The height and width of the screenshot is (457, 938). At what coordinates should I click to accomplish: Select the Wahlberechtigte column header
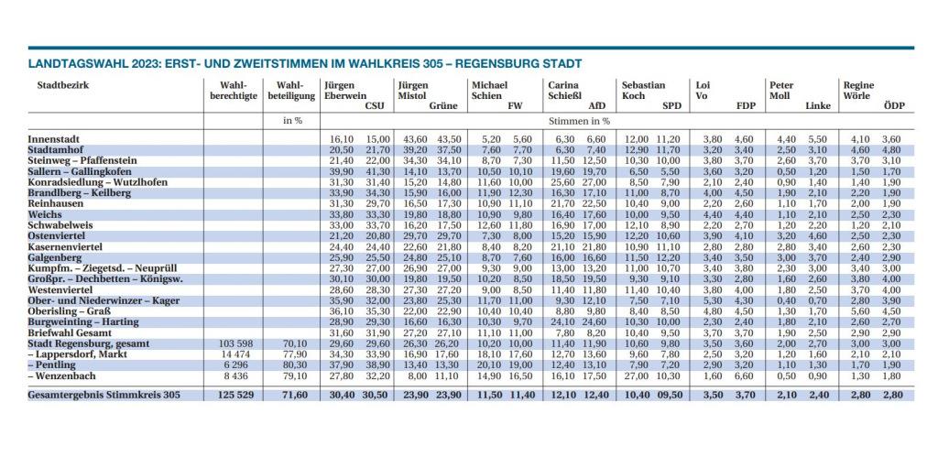pyautogui.click(x=234, y=91)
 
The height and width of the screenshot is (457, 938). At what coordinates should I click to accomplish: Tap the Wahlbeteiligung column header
pyautogui.click(x=291, y=91)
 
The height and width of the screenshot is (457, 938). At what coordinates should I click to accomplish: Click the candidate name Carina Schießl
pyautogui.click(x=562, y=91)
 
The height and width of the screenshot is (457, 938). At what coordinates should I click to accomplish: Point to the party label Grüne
pyautogui.click(x=443, y=106)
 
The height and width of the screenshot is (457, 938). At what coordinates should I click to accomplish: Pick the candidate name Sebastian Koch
pyautogui.click(x=643, y=91)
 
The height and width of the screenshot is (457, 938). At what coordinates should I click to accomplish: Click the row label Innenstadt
pyautogui.click(x=54, y=139)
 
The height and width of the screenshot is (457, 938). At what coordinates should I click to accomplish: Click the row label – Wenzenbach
pyautogui.click(x=61, y=376)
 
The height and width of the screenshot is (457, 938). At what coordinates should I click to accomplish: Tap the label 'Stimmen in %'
pyautogui.click(x=581, y=120)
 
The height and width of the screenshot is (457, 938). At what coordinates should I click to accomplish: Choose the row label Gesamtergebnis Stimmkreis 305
pyautogui.click(x=104, y=395)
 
